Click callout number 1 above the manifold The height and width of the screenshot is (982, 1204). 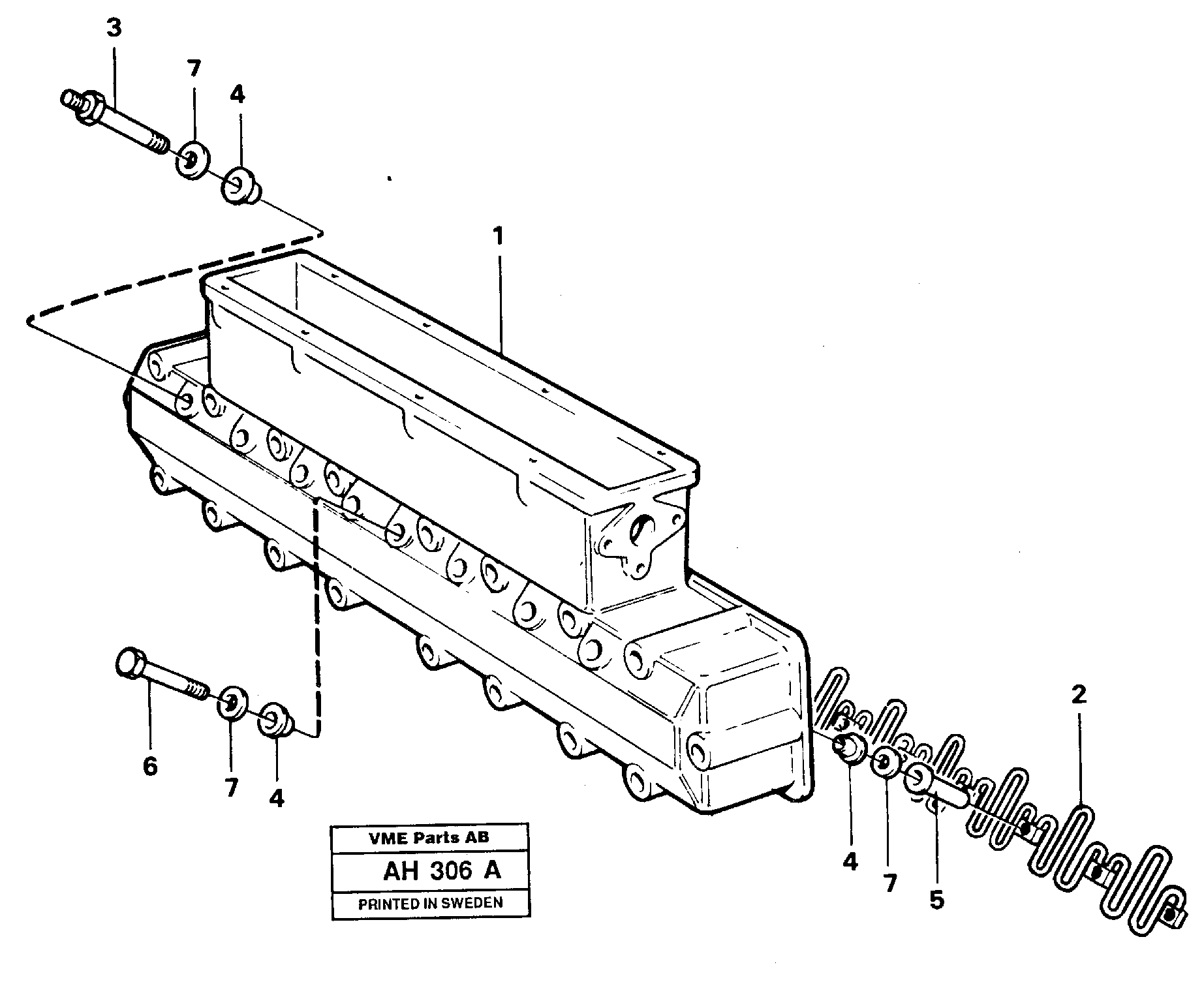499,236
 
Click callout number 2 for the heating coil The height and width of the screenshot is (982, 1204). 1079,696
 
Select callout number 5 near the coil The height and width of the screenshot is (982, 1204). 936,900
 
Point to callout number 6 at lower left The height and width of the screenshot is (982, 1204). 150,767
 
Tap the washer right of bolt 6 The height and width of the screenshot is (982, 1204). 231,703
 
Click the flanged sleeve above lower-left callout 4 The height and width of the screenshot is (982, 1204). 277,720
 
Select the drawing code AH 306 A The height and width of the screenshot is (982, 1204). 442,870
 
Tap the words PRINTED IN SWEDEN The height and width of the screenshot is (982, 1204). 431,904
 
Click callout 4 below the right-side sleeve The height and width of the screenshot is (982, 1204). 850,863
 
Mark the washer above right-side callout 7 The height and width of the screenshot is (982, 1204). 886,761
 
